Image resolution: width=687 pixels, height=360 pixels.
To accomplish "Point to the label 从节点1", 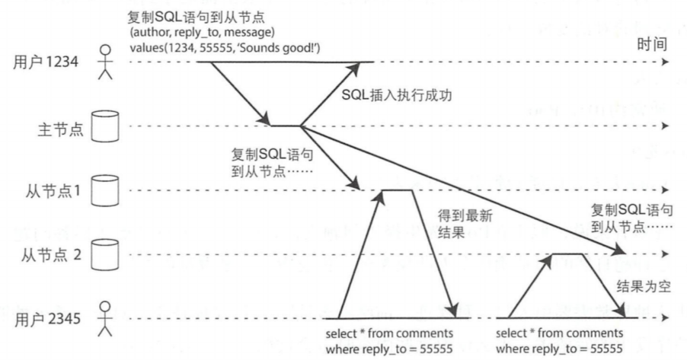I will (51, 190).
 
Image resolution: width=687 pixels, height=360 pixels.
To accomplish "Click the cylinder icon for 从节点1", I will (100, 190).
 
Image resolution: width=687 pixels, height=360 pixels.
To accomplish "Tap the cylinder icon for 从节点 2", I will (100, 253).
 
